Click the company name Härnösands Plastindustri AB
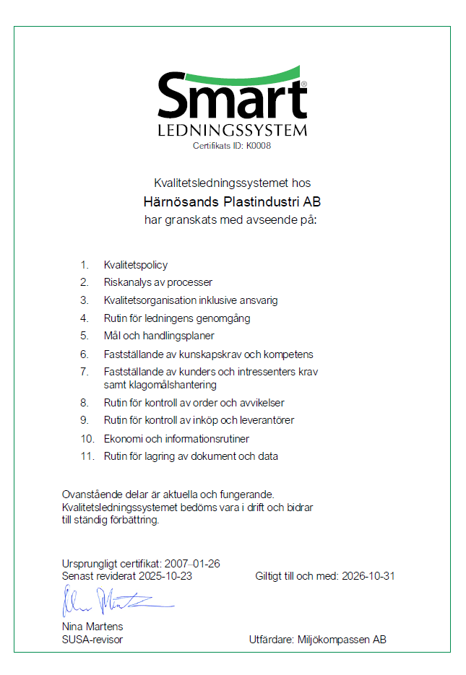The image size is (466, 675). [x=233, y=201]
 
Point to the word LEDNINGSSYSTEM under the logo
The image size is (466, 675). [x=233, y=131]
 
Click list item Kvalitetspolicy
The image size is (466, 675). [x=136, y=265]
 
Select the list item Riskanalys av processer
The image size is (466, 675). [x=158, y=282]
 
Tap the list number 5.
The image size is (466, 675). [x=84, y=336]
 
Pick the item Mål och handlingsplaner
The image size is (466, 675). [x=159, y=336]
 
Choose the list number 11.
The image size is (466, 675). [x=87, y=456]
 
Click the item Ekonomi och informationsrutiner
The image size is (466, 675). [x=177, y=438]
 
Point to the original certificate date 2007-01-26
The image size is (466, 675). [x=192, y=563]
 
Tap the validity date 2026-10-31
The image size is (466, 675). [x=368, y=576]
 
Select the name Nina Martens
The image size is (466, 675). [x=93, y=626]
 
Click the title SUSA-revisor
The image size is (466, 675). [x=92, y=640]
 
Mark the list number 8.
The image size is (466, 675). [x=84, y=402]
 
